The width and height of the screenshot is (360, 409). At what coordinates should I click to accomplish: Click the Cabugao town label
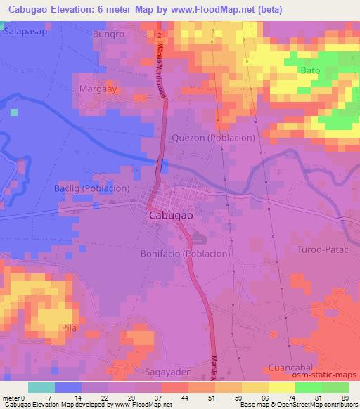tap(173, 217)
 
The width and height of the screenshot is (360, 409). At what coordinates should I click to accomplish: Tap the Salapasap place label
tap(25, 32)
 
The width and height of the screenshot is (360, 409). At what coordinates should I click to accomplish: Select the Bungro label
tap(108, 33)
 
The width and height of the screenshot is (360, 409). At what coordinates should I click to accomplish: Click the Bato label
tap(310, 71)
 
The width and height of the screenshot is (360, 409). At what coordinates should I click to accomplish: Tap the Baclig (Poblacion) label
tap(92, 188)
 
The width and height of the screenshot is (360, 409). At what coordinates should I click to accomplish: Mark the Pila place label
tap(69, 327)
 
